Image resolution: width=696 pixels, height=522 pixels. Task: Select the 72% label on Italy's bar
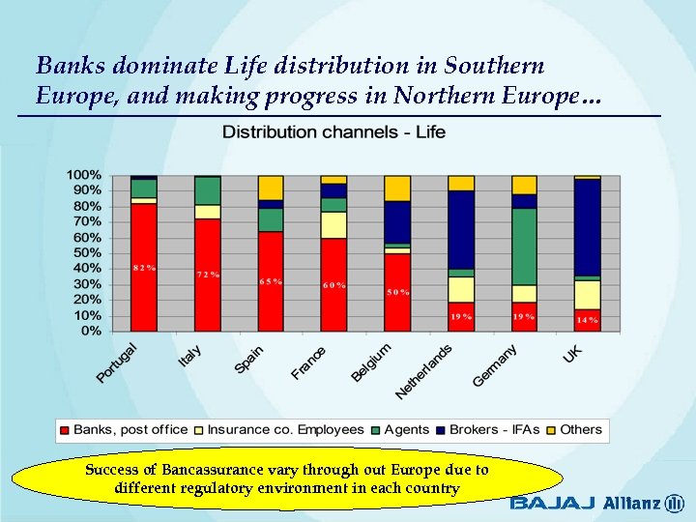coord(208,275)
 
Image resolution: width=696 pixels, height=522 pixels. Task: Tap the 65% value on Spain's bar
coord(271,281)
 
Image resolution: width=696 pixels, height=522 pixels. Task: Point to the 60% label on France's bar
coord(333,285)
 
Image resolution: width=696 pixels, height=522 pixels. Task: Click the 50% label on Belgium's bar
coord(397,292)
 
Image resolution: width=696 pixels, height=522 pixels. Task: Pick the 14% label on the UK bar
coord(587,319)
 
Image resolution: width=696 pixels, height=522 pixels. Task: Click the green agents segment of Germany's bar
coord(524,246)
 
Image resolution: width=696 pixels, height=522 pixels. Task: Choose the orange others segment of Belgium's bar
coord(397,188)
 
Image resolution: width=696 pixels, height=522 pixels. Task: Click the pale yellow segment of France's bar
coord(333,224)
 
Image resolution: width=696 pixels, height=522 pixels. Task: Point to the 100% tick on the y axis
coord(83,175)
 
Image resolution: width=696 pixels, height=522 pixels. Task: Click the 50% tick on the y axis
coord(86,253)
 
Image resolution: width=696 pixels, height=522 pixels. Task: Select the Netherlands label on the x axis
coord(424,372)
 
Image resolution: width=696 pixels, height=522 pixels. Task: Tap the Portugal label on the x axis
coord(117,362)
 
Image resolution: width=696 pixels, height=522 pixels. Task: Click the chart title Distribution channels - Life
coord(334,131)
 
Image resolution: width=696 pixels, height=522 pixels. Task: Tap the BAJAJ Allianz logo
coord(596,503)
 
